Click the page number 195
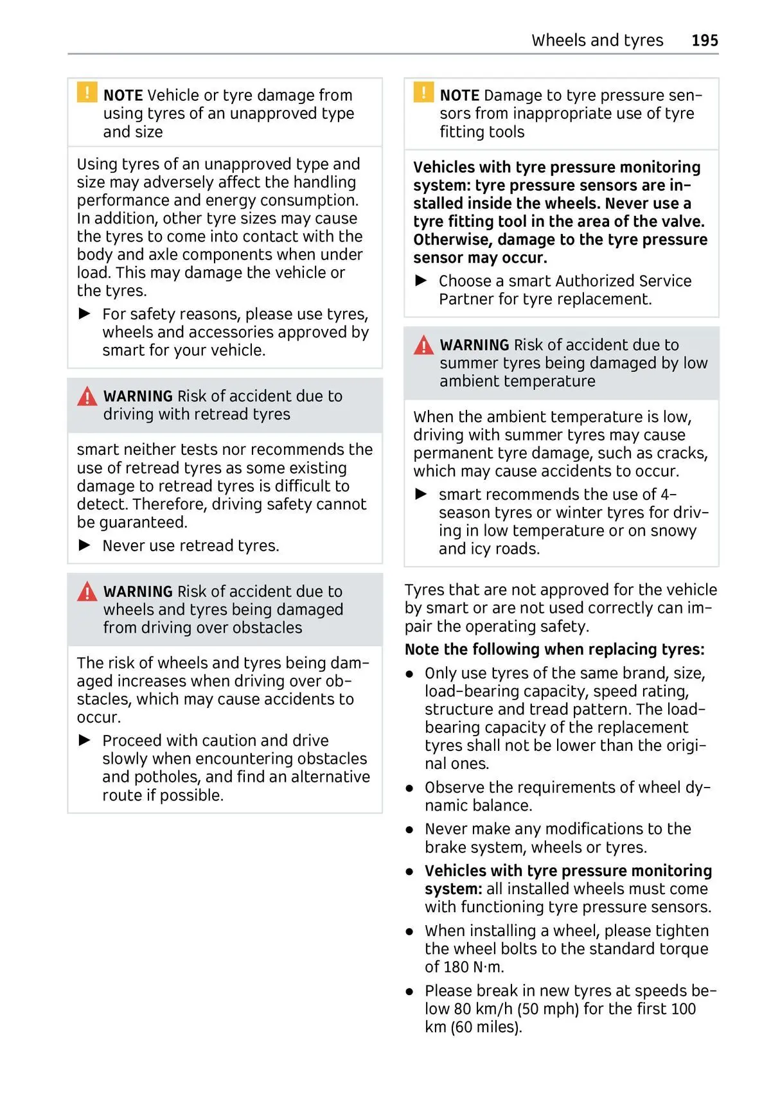[704, 40]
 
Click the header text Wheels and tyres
[597, 40]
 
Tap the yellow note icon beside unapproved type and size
[87, 93]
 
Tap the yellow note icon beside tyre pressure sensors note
[423, 93]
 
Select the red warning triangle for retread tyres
[87, 397]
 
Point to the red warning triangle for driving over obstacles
[87, 592]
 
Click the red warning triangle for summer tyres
[423, 346]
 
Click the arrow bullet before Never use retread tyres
[85, 545]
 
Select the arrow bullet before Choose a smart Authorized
[421, 281]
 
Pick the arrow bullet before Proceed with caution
[85, 740]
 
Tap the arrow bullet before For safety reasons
[85, 314]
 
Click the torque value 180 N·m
[472, 967]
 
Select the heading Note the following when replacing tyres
[554, 649]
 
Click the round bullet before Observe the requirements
[409, 788]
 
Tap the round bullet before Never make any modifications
[409, 829]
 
